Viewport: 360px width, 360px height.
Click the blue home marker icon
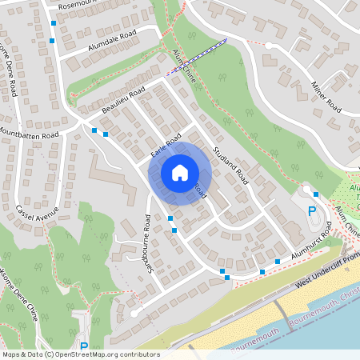point(180,172)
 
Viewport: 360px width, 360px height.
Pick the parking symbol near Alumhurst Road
point(312,210)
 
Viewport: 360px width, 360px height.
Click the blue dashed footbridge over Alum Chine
point(197,55)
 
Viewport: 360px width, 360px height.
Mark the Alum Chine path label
point(185,64)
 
